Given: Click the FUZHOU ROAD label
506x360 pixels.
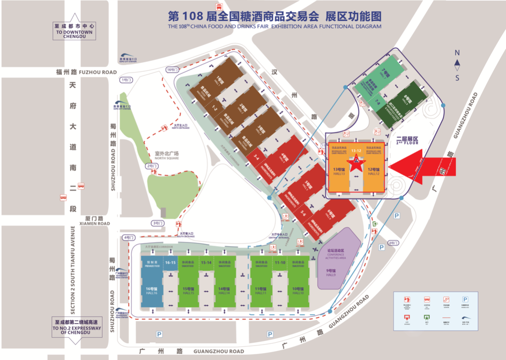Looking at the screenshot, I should point(98,72).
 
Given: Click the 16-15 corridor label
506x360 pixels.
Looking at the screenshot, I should point(170,262).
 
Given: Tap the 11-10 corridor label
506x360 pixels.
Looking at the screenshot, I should point(281,262).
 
